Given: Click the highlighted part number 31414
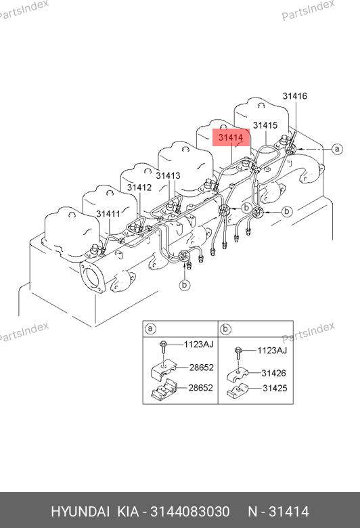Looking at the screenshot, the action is (231, 137).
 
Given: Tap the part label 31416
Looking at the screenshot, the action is (294, 96).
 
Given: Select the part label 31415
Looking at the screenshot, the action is (265, 125).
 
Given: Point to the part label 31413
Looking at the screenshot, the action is (168, 175).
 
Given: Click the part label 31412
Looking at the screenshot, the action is (139, 188).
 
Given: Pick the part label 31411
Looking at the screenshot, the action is (108, 214).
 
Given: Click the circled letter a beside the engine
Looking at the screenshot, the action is (337, 148).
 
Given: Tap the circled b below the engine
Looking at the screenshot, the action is (184, 285).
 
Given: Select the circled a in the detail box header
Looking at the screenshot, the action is (150, 328).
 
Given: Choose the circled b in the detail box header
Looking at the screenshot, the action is (225, 329).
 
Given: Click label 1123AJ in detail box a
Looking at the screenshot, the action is (198, 345).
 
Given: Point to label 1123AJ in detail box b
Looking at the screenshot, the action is (272, 351).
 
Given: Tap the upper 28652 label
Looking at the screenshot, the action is (202, 368).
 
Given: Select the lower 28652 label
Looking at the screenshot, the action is (201, 388).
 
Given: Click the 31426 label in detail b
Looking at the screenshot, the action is (274, 373).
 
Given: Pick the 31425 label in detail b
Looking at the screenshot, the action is (275, 389).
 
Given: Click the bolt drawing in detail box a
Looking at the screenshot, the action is (163, 347).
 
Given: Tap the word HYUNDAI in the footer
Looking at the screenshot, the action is (80, 512).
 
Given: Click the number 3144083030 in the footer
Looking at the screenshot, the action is (190, 512).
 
